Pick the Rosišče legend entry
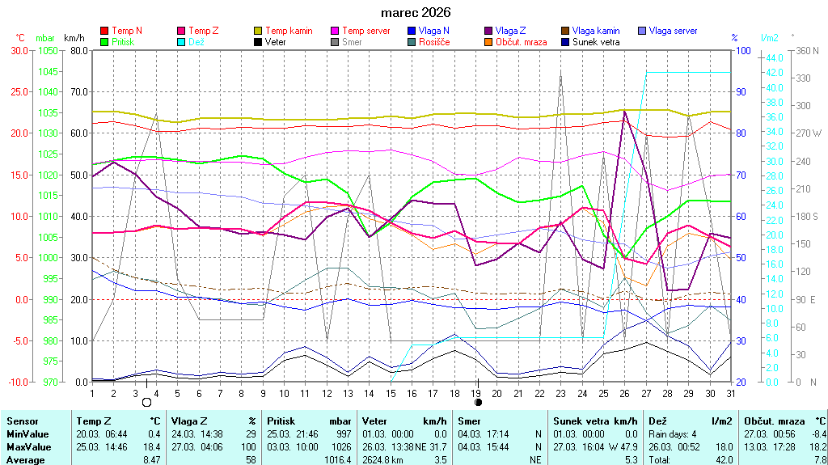coord(434,41)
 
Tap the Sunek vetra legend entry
coord(596,41)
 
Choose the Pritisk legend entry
coord(123,41)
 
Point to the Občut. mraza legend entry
coord(520,41)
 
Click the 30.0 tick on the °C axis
coord(19,50)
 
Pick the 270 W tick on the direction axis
coord(809,133)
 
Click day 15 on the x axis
coord(391,393)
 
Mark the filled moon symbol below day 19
coord(478,402)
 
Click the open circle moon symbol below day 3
coord(146,402)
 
